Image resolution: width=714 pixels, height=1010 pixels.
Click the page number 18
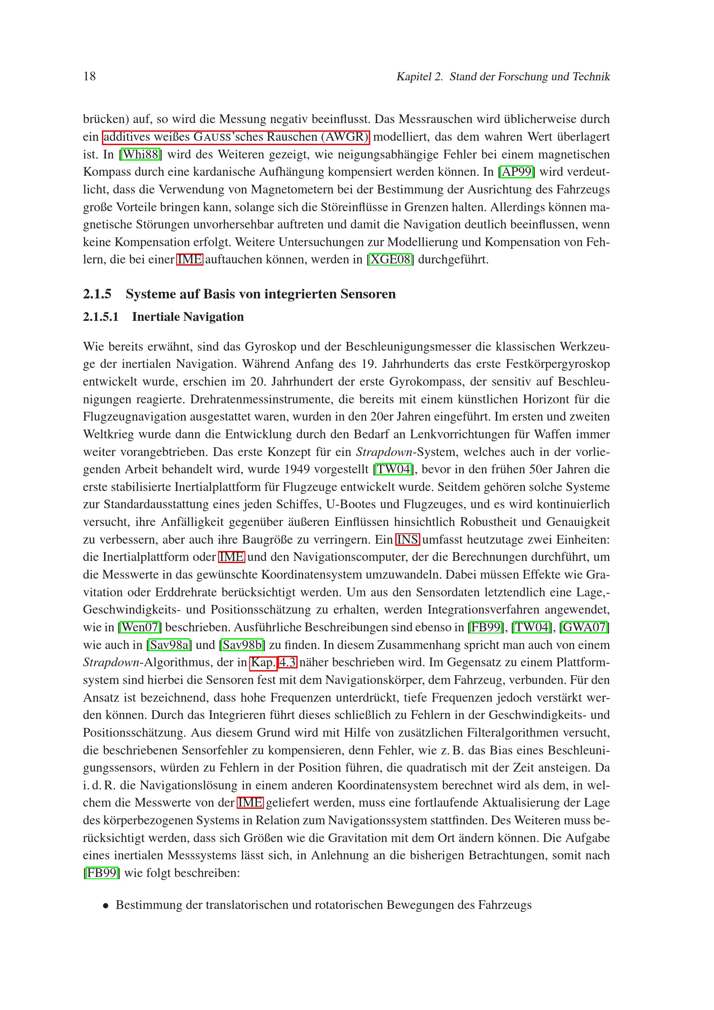pos(89,76)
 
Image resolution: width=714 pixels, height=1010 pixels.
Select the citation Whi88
pos(140,155)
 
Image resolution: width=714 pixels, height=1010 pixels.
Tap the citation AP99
pos(517,171)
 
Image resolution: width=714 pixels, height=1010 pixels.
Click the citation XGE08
pos(390,260)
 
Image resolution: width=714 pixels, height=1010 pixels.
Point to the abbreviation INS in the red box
pos(408,539)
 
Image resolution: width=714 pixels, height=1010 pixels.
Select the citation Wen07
pos(140,627)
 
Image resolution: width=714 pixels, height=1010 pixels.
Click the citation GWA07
pos(584,627)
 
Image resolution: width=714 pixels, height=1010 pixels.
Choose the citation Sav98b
pos(242,645)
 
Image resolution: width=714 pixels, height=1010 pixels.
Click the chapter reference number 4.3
pos(288,662)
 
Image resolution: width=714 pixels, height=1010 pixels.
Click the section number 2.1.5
pos(97,294)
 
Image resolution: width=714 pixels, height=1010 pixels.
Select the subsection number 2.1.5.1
pos(101,317)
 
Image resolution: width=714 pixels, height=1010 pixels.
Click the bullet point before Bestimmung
pos(105,906)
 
